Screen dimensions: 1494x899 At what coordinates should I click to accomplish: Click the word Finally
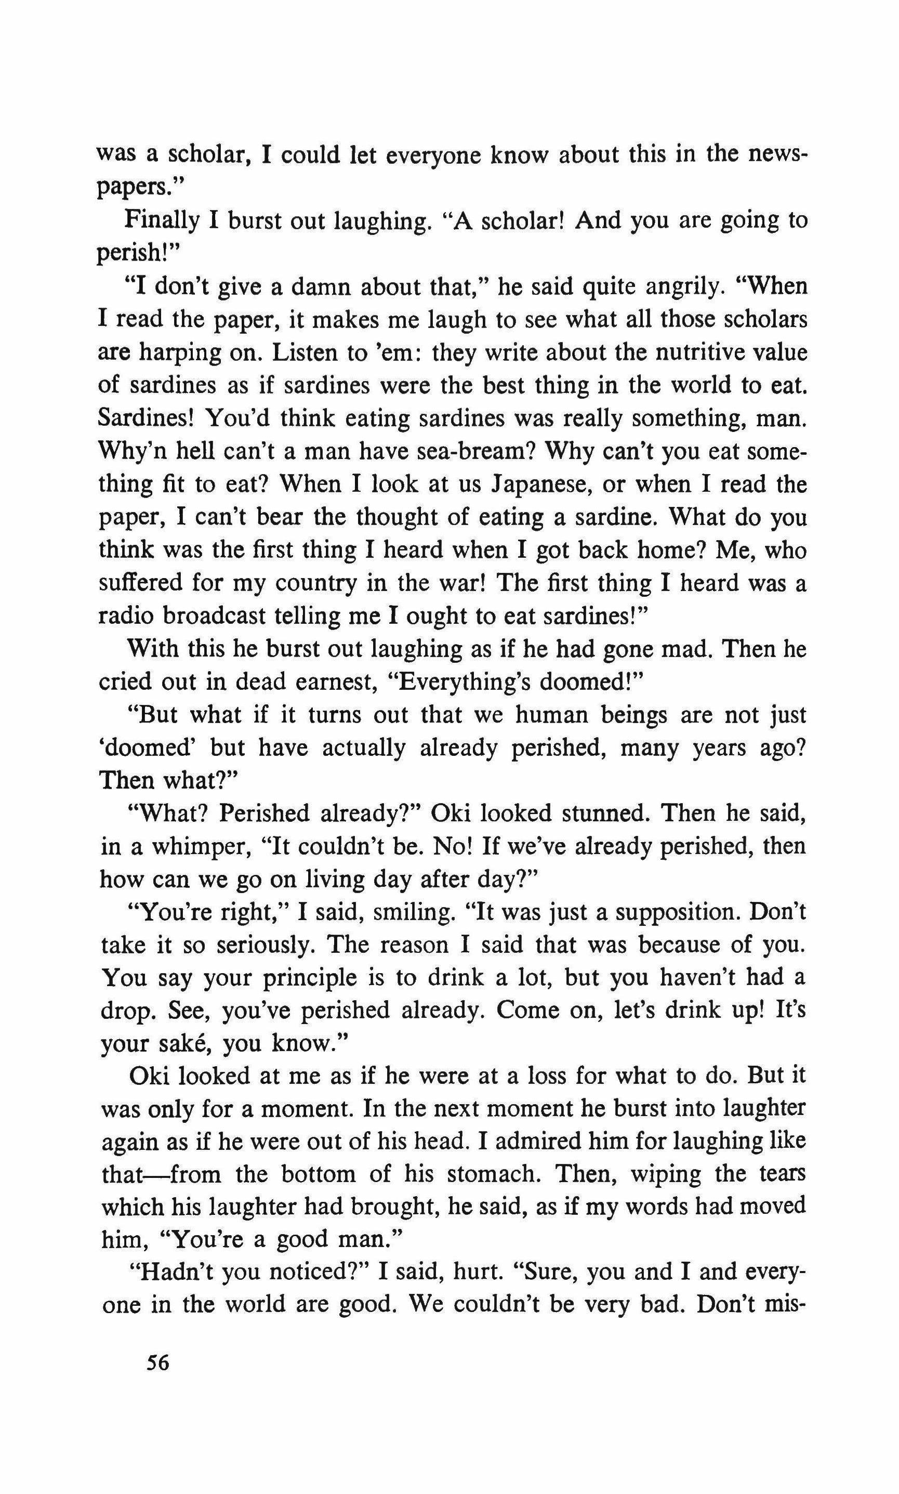coord(162,221)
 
